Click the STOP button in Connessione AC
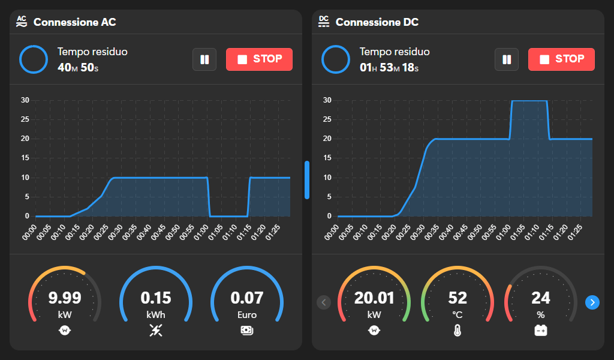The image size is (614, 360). (x=259, y=59)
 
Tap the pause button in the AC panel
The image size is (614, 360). (x=204, y=59)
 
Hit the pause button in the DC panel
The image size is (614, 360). (x=507, y=59)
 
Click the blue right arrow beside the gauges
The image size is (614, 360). (x=592, y=302)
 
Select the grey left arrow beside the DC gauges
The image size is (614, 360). (x=324, y=302)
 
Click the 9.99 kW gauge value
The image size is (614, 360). (x=65, y=298)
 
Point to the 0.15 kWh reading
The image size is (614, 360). (x=156, y=298)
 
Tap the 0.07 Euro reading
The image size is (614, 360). (x=247, y=298)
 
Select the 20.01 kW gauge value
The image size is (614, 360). (x=374, y=298)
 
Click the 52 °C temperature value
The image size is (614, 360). (x=458, y=298)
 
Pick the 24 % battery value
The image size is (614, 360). (x=541, y=298)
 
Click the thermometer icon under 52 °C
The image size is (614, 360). (x=458, y=329)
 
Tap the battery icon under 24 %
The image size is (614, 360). (x=541, y=329)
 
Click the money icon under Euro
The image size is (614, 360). (x=247, y=329)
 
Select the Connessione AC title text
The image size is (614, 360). (x=74, y=22)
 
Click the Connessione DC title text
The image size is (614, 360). (x=377, y=22)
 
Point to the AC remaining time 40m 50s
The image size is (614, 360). (x=78, y=68)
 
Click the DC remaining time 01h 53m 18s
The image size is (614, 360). (x=389, y=68)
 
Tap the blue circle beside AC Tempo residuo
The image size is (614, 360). (x=34, y=59)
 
